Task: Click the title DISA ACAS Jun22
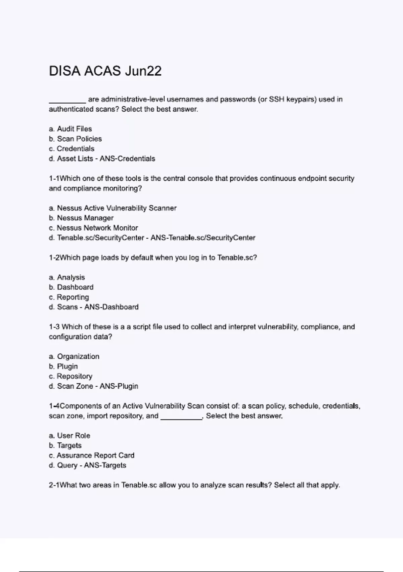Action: click(105, 71)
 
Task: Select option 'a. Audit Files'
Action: click(70, 129)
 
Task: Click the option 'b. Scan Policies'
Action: click(75, 139)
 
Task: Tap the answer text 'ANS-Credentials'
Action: click(127, 158)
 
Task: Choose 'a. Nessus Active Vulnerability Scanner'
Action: click(113, 208)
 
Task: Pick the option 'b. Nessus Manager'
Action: click(81, 218)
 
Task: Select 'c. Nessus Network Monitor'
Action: click(93, 228)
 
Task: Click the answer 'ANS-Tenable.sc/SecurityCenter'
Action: click(203, 238)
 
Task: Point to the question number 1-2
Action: click(54, 257)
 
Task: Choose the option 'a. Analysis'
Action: click(67, 277)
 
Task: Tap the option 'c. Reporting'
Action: click(69, 297)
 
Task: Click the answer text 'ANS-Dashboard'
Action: click(111, 307)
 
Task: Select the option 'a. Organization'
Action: click(74, 356)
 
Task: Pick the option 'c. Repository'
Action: click(70, 376)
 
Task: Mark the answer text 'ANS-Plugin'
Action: click(119, 386)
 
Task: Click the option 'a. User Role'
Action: click(70, 435)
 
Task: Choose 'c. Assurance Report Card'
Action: click(91, 455)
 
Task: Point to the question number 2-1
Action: click(54, 485)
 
